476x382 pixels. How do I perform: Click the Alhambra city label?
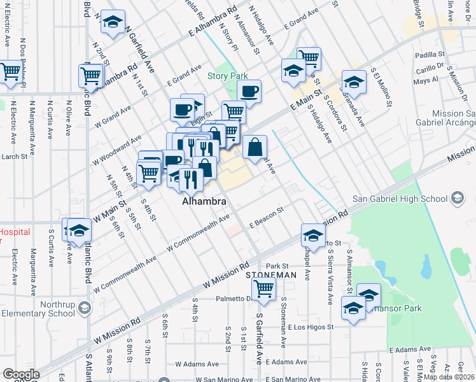click(x=204, y=202)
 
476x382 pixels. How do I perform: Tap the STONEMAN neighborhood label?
click(x=271, y=274)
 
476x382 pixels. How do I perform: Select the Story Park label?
click(x=227, y=76)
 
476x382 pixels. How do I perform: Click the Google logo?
click(x=21, y=374)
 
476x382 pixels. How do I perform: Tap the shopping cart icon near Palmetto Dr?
click(x=263, y=288)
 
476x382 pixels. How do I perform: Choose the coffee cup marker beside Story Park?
click(x=249, y=90)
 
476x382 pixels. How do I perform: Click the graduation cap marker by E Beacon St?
click(x=312, y=236)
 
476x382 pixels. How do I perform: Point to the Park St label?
click(x=277, y=266)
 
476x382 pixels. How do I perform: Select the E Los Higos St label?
click(x=309, y=327)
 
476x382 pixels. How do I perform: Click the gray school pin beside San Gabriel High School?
click(x=457, y=199)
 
